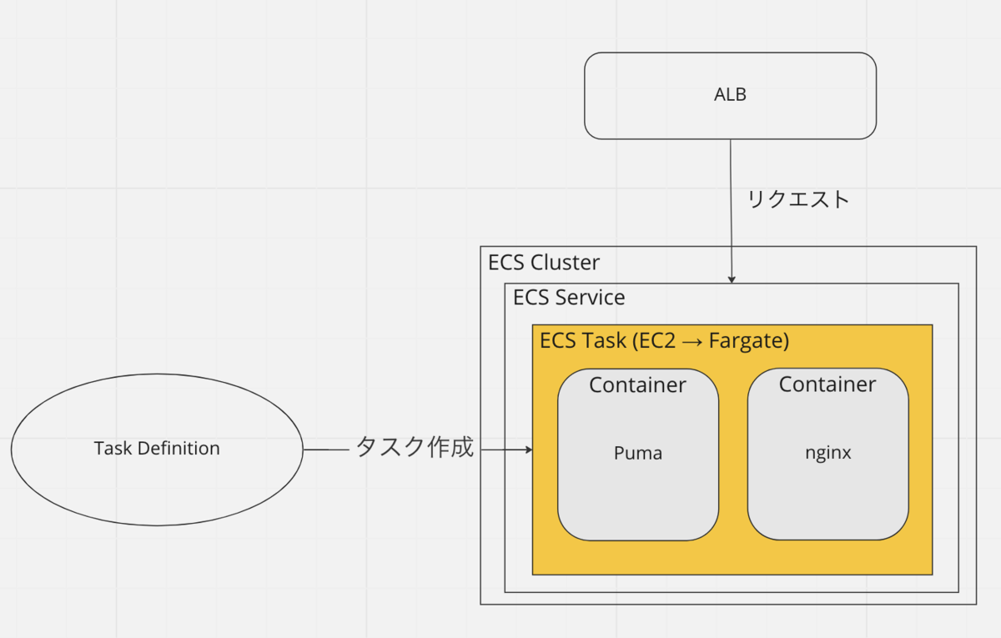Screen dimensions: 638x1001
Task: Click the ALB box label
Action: (730, 95)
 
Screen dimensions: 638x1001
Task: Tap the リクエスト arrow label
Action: (797, 199)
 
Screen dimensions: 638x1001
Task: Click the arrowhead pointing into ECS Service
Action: (732, 279)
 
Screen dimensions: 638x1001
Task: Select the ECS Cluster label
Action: (544, 263)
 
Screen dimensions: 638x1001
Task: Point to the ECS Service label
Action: (569, 298)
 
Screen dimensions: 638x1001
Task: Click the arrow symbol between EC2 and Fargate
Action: (692, 342)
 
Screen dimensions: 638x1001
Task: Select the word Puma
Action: (638, 454)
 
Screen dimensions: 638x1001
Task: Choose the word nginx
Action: (827, 454)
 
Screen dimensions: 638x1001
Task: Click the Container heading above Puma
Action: (637, 385)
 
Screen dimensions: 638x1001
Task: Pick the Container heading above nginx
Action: (827, 384)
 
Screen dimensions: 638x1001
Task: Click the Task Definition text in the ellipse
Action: (157, 449)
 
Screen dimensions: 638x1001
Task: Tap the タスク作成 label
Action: (415, 448)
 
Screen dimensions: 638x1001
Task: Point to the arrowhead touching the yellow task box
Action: (528, 450)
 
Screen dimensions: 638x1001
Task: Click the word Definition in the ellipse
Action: (179, 449)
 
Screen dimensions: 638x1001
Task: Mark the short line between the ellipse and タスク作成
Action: (325, 450)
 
